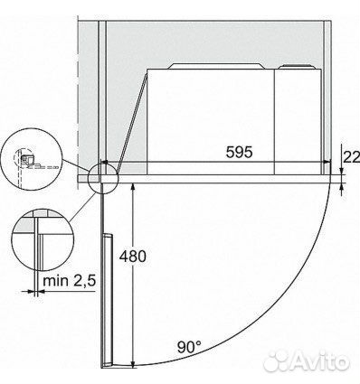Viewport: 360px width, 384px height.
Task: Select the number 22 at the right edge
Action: click(x=351, y=156)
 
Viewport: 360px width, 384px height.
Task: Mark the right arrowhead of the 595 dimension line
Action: click(x=326, y=166)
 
